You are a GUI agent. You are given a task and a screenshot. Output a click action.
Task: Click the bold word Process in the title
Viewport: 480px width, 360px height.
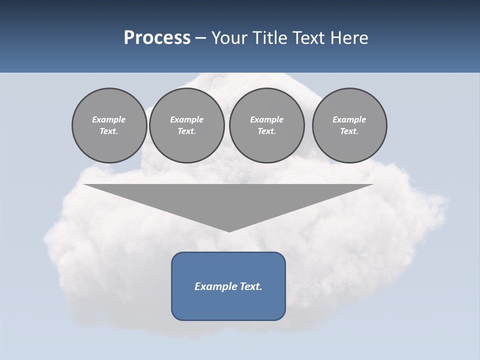tap(157, 38)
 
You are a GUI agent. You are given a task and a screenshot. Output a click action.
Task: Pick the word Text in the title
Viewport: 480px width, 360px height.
tap(310, 38)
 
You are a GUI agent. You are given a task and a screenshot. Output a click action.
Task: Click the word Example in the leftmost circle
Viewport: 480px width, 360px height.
tap(109, 119)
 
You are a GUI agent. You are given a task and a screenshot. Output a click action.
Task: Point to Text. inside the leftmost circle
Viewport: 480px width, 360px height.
tap(109, 131)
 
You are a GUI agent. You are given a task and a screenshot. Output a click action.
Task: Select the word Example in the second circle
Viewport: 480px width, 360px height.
tap(187, 119)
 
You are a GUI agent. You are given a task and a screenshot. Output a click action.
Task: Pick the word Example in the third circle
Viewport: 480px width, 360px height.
tap(267, 119)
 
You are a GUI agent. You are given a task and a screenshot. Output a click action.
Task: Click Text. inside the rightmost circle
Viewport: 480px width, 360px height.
tap(349, 131)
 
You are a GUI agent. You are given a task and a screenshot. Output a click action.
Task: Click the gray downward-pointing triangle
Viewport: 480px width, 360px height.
tap(228, 200)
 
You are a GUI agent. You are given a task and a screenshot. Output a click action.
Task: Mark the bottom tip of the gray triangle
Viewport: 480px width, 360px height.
tap(229, 231)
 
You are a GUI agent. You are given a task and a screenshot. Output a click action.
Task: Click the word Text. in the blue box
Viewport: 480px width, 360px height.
tap(250, 286)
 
